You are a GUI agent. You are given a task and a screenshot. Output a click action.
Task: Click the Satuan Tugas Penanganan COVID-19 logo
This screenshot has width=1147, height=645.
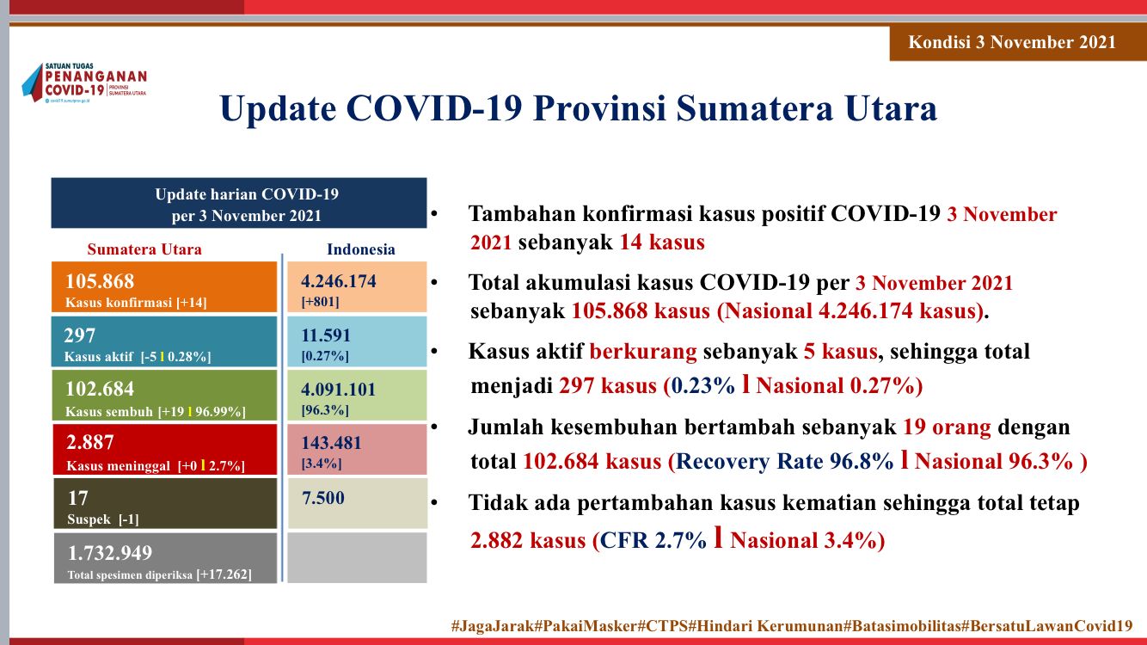coord(84,83)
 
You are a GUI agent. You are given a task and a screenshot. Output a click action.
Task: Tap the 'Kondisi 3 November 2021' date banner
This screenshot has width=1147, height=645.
coord(1012,42)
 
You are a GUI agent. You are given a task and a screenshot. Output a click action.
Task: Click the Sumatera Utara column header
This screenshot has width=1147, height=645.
coord(144,249)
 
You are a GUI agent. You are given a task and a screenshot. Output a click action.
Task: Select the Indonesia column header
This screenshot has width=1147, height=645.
coord(361,249)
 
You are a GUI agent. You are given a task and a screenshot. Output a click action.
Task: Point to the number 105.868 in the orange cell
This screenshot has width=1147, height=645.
coord(100,280)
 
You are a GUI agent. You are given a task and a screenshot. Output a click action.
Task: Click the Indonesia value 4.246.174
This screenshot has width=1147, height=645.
coord(339,280)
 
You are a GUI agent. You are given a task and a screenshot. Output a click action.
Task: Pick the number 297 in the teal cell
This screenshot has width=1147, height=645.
coord(79,335)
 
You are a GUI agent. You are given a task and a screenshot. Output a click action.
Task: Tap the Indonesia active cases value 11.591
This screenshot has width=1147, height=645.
coord(326,335)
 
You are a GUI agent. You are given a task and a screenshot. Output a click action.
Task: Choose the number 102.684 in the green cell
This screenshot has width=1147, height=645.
coord(100,389)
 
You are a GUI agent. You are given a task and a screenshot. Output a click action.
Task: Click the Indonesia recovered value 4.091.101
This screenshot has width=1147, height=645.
coord(339,390)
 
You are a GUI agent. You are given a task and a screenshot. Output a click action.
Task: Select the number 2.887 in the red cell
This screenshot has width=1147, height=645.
coord(89,442)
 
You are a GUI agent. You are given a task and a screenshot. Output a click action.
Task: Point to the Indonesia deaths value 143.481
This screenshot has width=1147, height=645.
coord(331,443)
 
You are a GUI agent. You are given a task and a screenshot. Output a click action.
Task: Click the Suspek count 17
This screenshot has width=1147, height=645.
coord(78,497)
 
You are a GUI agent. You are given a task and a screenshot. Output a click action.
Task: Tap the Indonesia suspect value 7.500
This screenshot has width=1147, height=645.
coord(323,497)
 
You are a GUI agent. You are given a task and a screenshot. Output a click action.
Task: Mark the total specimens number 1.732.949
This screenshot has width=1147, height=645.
coord(110,553)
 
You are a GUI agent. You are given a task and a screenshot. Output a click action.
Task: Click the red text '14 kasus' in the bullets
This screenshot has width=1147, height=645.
coord(662,242)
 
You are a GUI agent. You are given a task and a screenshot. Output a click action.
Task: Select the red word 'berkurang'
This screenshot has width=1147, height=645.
coord(643,352)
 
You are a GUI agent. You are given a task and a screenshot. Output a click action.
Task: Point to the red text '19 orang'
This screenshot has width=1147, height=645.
coord(947,427)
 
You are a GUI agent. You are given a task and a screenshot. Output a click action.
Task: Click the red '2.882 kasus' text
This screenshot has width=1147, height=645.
coord(528,540)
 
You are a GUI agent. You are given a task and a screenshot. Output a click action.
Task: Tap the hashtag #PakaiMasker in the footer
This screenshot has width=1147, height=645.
coord(586,625)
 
